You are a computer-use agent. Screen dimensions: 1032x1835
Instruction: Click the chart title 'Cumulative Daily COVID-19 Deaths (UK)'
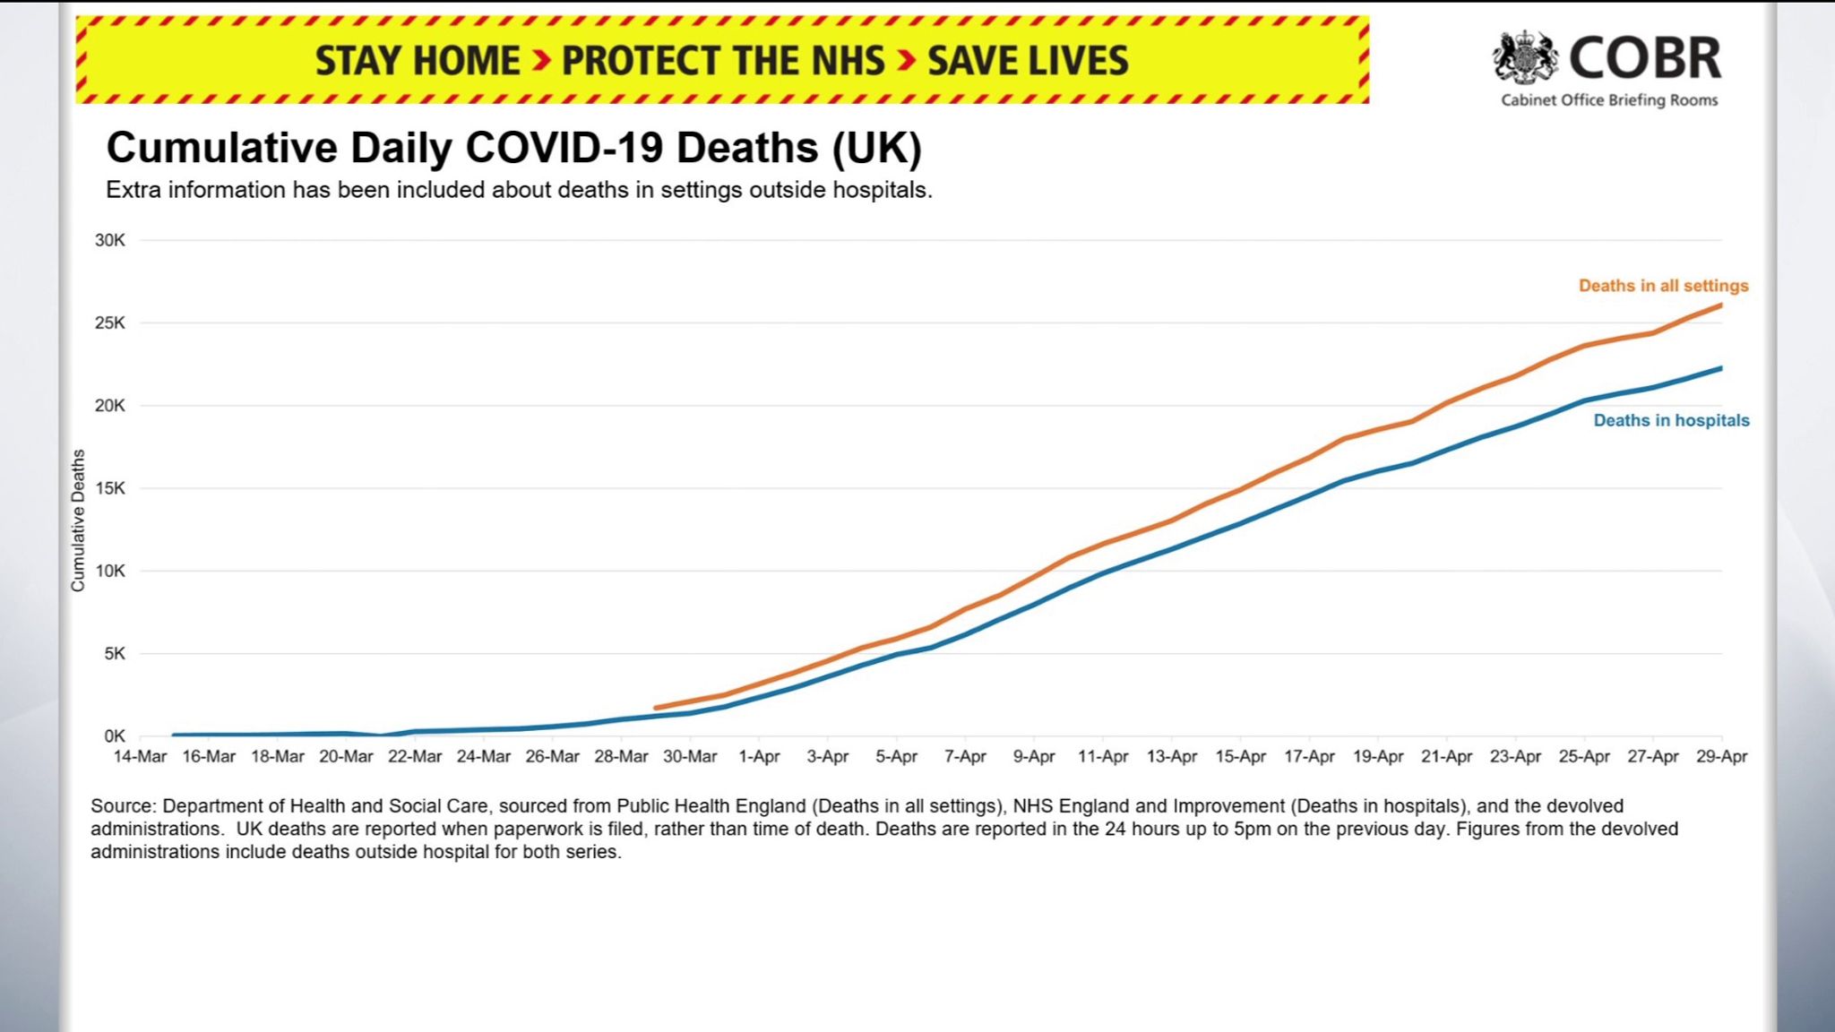pos(513,149)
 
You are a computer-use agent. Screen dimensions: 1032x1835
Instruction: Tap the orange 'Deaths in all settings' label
pos(1663,286)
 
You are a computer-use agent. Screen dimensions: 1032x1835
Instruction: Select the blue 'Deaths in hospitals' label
pos(1671,420)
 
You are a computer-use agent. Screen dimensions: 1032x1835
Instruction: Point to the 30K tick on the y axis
pos(110,240)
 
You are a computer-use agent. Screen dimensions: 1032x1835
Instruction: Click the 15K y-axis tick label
pos(110,488)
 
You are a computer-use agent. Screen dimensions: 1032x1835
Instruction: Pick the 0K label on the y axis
pos(114,736)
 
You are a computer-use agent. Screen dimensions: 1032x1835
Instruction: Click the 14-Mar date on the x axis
pos(140,757)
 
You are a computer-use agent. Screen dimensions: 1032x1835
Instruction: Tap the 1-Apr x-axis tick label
pos(759,757)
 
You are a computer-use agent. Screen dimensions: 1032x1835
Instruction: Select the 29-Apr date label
pos(1721,757)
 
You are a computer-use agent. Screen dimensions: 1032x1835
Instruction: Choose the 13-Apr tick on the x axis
pos(1172,757)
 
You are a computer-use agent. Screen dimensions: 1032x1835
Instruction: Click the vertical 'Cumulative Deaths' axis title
pos(78,520)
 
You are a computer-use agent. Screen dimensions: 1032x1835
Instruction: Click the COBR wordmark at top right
pos(1645,58)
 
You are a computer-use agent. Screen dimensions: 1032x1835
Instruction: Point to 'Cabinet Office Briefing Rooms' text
pos(1609,100)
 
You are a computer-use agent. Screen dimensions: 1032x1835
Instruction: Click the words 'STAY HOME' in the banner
pos(417,61)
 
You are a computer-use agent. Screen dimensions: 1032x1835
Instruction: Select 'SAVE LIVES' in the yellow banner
pos(1028,61)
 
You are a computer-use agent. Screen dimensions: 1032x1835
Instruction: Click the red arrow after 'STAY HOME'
pos(541,61)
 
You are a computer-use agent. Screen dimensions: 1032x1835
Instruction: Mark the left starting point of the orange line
pos(656,708)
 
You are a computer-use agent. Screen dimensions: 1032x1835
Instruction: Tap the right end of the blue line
pos(1720,368)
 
